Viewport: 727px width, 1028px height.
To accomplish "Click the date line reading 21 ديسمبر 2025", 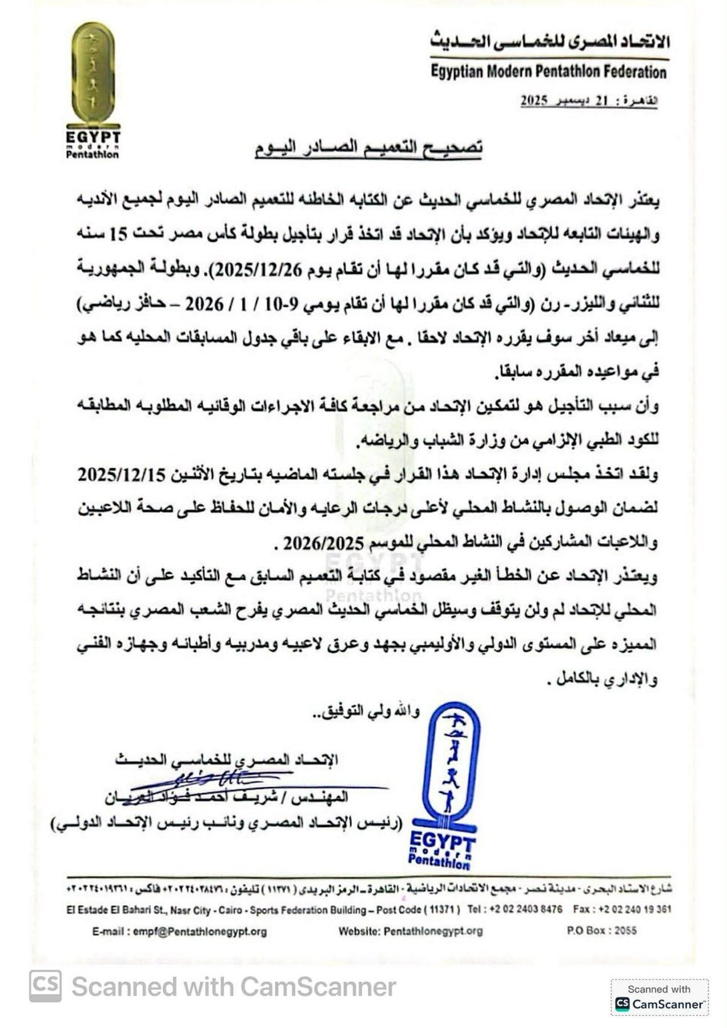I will (588, 101).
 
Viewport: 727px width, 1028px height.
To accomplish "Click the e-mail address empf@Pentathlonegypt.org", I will (179, 931).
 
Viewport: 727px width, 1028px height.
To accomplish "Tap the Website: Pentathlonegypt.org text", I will (410, 931).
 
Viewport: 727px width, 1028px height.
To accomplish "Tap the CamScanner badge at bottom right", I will (659, 997).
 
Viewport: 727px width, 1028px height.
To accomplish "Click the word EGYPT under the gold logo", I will (93, 138).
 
